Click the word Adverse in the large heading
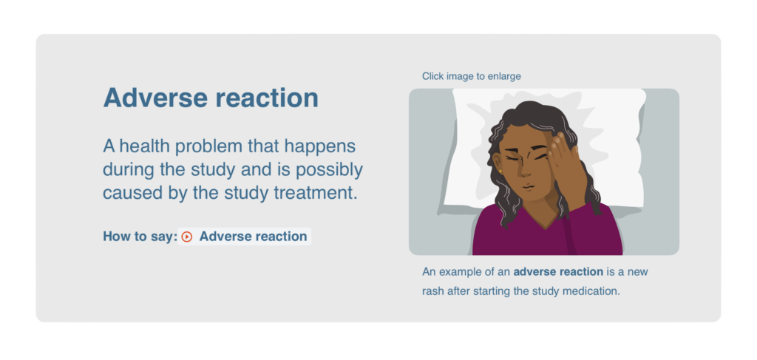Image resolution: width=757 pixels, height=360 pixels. click(155, 98)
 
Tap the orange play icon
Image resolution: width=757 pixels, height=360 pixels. click(187, 237)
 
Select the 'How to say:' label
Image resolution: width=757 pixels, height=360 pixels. click(140, 237)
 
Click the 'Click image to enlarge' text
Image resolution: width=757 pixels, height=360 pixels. click(471, 76)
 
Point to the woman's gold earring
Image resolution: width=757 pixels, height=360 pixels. click(500, 171)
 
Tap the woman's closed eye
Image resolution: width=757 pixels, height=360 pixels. click(512, 157)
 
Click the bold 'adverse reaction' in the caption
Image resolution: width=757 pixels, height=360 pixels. click(558, 272)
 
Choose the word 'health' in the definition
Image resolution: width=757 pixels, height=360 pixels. click(143, 146)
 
